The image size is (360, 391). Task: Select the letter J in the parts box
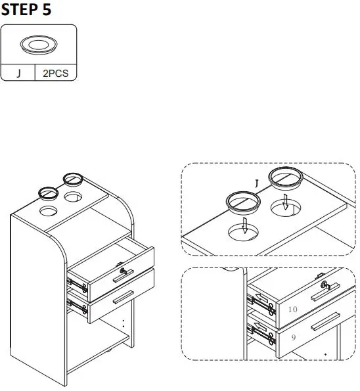pyautogui.click(x=18, y=74)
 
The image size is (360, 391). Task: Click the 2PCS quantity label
pyautogui.click(x=55, y=74)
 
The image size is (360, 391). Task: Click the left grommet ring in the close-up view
pyautogui.click(x=240, y=202)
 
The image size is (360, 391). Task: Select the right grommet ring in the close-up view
pyautogui.click(x=285, y=177)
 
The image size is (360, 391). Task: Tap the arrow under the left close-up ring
pyautogui.click(x=244, y=225)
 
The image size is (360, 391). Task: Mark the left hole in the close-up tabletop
pyautogui.click(x=244, y=232)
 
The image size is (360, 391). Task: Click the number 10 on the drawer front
pyautogui.click(x=293, y=309)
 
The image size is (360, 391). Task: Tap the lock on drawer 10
pyautogui.click(x=325, y=284)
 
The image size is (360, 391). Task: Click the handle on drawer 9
pyautogui.click(x=325, y=323)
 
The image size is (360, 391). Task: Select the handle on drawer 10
pyautogui.click(x=326, y=292)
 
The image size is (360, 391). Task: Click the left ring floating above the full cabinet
pyautogui.click(x=48, y=193)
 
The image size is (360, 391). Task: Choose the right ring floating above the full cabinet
pyautogui.click(x=71, y=178)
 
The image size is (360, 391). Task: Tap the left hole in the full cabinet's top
pyautogui.click(x=49, y=212)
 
